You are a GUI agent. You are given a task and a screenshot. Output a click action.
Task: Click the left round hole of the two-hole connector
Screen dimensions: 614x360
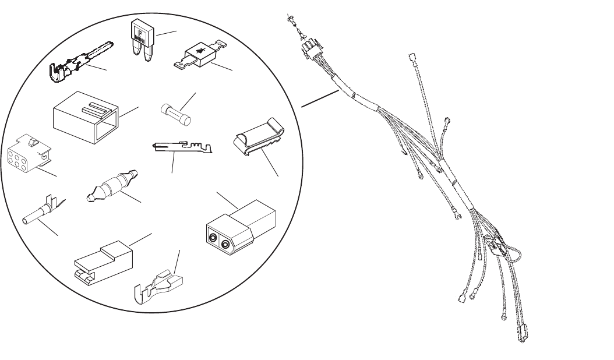pos(214,238)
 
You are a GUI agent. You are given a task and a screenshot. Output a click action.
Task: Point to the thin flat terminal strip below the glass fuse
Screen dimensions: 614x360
pos(185,149)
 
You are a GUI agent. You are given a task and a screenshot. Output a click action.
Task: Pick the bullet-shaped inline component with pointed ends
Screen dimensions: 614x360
pos(111,185)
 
